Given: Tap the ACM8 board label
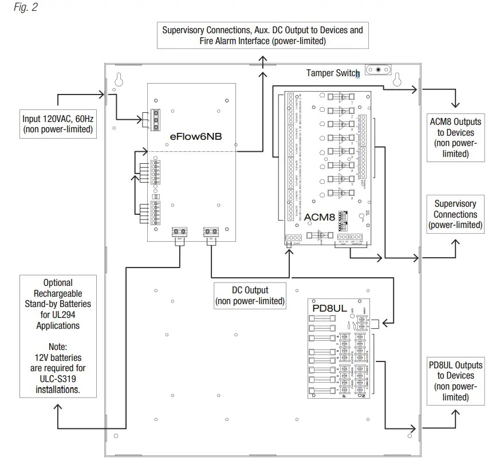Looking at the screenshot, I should pyautogui.click(x=318, y=217).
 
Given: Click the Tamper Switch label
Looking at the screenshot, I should pyautogui.click(x=332, y=73).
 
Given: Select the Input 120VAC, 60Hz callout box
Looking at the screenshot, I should pyautogui.click(x=57, y=124).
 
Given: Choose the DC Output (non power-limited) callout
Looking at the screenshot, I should pyautogui.click(x=250, y=296).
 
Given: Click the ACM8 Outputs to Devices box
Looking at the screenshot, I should pyautogui.click(x=455, y=137).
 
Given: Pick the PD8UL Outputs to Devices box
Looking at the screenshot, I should pyautogui.click(x=455, y=381).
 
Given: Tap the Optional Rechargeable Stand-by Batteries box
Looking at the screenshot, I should pyautogui.click(x=58, y=336).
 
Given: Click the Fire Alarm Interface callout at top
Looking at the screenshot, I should pyautogui.click(x=262, y=36).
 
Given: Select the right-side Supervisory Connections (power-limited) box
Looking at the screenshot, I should pyautogui.click(x=455, y=214).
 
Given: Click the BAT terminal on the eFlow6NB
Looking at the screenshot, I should pyautogui.click(x=179, y=232).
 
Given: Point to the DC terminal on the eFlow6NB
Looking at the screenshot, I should pyautogui.click(x=210, y=232).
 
